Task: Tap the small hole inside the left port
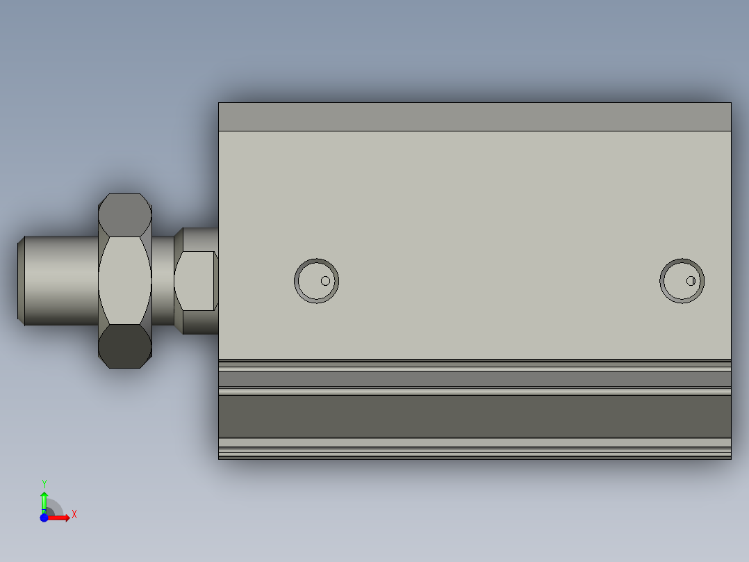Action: [325, 281]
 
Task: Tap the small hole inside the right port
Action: [691, 281]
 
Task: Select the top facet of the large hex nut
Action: [125, 214]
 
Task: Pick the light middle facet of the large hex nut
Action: [125, 280]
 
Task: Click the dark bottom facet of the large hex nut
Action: [125, 346]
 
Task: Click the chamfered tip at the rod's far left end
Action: [21, 280]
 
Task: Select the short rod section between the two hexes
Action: [163, 280]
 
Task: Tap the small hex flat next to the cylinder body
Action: [195, 280]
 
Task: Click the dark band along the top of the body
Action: [475, 117]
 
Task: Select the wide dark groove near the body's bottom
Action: [475, 416]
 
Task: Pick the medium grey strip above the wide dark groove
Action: [475, 379]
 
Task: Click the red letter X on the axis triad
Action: [74, 515]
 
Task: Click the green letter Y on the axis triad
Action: [44, 483]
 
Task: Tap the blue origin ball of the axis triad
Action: [44, 517]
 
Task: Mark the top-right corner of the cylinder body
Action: [730, 104]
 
